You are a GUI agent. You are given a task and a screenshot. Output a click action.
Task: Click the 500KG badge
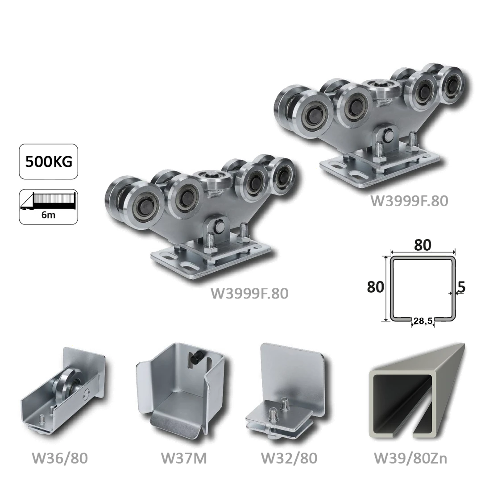click(x=48, y=162)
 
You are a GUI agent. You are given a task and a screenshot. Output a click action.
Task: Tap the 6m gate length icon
click(x=48, y=207)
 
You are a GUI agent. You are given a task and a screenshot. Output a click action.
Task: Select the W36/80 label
click(x=60, y=459)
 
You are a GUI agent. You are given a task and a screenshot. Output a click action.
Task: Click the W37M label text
click(x=184, y=459)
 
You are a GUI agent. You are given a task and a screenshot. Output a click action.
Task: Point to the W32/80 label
click(x=289, y=459)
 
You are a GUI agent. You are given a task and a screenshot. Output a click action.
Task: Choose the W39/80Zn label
click(x=410, y=459)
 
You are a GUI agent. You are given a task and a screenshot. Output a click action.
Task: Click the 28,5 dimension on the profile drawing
click(x=423, y=320)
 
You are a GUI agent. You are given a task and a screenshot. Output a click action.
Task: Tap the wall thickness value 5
click(x=462, y=287)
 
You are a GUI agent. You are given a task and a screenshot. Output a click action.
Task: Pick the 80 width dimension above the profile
click(x=423, y=245)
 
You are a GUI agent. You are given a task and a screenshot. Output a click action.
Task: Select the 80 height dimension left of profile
click(x=376, y=286)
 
